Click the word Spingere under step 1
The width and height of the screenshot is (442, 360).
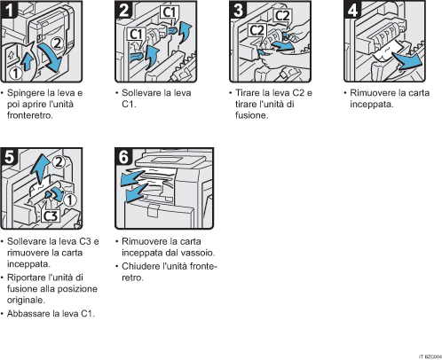(x=26, y=93)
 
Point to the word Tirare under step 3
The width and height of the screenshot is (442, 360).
(x=245, y=93)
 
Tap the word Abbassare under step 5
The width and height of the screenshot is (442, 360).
(x=30, y=314)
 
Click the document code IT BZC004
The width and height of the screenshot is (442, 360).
(x=428, y=356)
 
